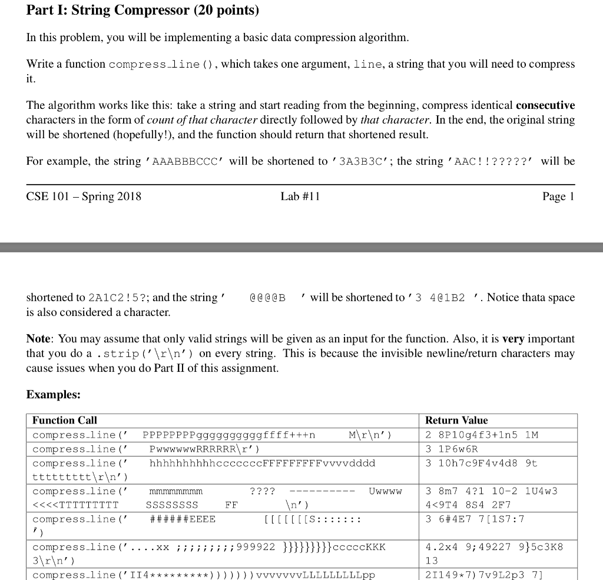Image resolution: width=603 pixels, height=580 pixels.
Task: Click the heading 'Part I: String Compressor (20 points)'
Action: [143, 11]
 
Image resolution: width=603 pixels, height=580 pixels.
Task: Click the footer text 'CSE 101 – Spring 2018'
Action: [84, 196]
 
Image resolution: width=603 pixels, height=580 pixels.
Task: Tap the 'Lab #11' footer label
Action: [300, 196]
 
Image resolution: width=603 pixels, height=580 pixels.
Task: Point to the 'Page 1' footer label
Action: [558, 196]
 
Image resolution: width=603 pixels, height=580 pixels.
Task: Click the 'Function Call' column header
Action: [65, 421]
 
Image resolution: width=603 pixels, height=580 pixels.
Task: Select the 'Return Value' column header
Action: [456, 421]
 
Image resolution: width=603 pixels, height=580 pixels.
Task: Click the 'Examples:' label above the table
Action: [54, 395]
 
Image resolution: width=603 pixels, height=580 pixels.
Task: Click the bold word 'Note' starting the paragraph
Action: [39, 339]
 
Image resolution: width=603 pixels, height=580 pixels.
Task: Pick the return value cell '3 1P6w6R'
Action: [452, 449]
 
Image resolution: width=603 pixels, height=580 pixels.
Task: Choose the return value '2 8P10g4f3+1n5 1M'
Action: [482, 435]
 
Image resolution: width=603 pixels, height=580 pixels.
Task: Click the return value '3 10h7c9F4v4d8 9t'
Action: [481, 463]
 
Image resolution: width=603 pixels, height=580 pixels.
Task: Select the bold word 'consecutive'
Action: [545, 105]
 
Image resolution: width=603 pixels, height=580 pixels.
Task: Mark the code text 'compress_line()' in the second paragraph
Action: [154, 64]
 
